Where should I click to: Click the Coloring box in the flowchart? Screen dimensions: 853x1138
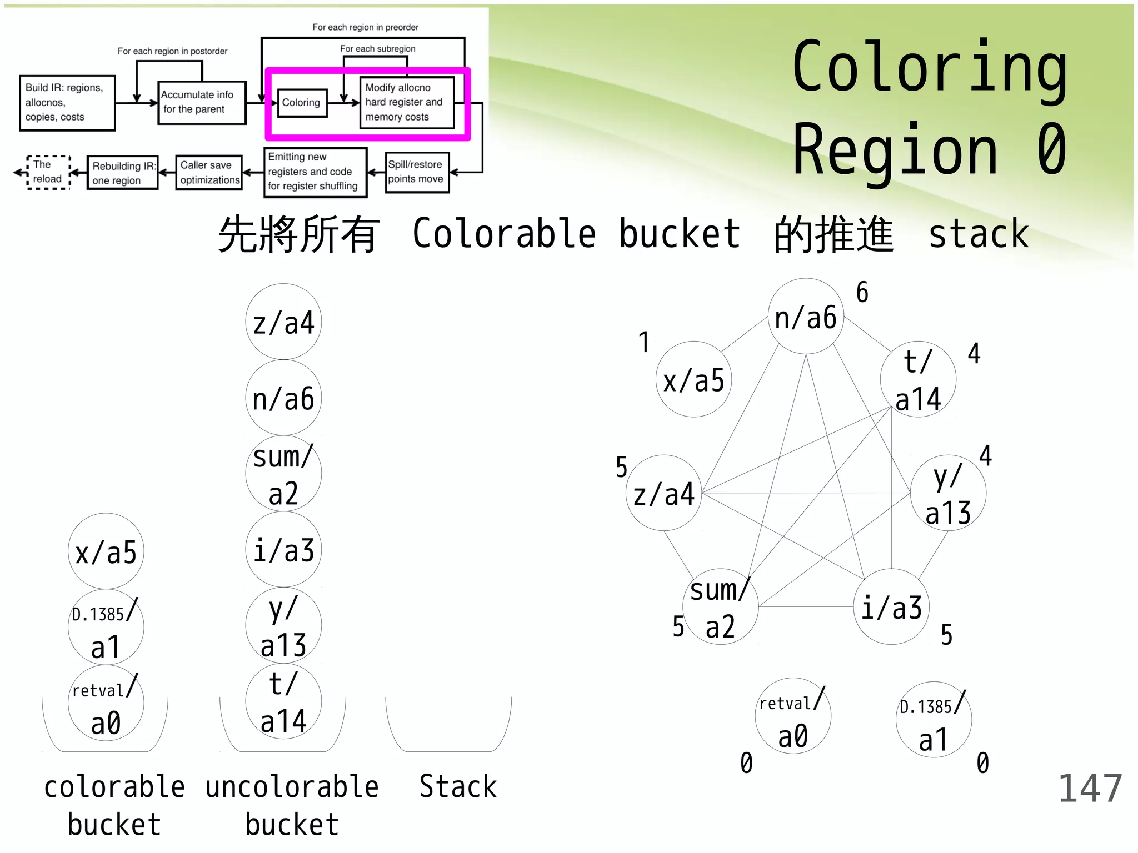coord(302,103)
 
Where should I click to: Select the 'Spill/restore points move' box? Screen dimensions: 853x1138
coord(417,172)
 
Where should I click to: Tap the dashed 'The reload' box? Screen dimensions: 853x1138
coord(48,172)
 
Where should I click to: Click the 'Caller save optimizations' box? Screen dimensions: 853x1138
coord(209,173)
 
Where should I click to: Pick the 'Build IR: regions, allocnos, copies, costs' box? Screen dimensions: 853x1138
coord(67,103)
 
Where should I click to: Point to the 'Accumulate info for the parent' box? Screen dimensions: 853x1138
coord(201,102)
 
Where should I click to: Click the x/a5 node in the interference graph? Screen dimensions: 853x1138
coord(693,380)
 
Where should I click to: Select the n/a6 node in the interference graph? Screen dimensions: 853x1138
coord(806,317)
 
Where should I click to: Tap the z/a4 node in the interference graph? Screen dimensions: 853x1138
coord(664,493)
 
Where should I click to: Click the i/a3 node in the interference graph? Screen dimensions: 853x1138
coord(891,606)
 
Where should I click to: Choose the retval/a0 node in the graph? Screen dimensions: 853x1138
coord(793,716)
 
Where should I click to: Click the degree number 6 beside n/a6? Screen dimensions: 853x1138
coord(862,293)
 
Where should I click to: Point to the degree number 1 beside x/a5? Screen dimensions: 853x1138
coord(643,342)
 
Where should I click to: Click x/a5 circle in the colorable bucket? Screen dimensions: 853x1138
coord(106,551)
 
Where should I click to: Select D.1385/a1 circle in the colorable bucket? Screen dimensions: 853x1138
coord(106,628)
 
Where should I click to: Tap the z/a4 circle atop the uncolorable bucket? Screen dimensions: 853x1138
coord(283,322)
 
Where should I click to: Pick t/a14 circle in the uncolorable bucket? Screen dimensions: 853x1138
coord(283,702)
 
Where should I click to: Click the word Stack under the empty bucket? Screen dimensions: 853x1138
coord(458,787)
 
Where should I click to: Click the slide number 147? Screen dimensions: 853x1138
coord(1090,789)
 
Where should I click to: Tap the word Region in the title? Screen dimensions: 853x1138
coord(895,150)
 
